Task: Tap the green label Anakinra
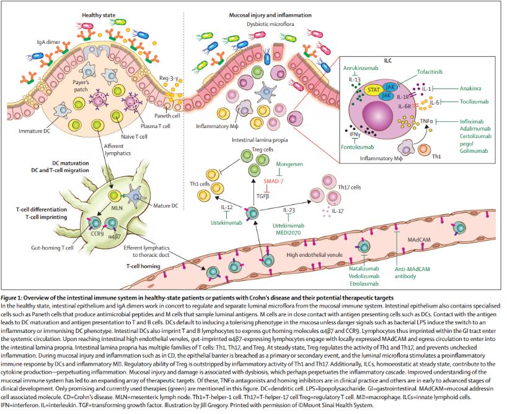473,88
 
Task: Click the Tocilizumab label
475,101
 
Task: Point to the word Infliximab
475,121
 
